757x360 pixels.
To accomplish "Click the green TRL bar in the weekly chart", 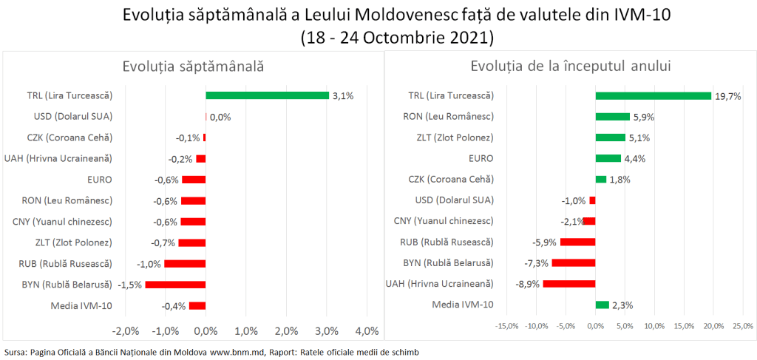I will coord(267,95).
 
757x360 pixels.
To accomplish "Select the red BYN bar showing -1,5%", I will coord(175,285).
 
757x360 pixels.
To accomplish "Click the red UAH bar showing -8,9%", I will coord(569,283).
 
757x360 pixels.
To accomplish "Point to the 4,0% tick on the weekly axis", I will coord(367,330).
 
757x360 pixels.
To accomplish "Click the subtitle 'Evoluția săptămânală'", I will coord(193,67).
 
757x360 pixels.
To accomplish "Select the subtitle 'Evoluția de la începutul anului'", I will coord(570,67).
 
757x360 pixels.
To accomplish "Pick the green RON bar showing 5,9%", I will coord(612,116).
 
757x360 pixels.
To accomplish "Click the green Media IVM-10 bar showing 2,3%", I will coord(602,305).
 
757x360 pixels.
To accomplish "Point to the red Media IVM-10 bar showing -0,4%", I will coord(197,305).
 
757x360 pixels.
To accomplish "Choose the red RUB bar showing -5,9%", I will coord(577,242).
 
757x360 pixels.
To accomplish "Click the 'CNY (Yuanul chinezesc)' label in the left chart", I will coord(62,222).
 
